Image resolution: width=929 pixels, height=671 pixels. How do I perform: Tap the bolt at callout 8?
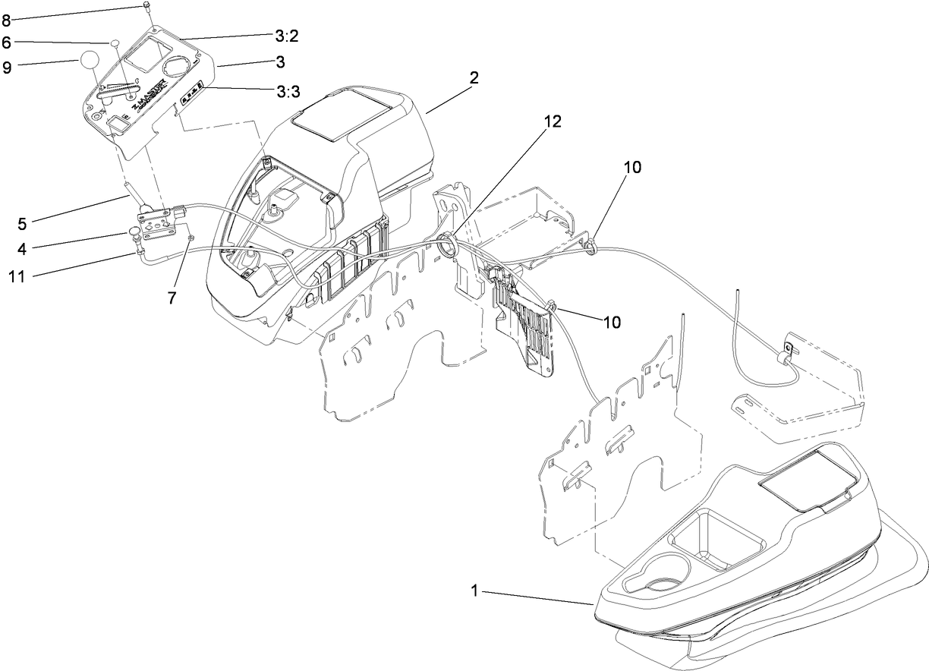pos(145,8)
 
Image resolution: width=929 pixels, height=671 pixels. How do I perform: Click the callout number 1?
pos(476,590)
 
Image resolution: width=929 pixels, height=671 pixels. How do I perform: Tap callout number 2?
pos(474,77)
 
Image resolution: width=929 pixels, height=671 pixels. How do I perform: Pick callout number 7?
pos(172,298)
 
